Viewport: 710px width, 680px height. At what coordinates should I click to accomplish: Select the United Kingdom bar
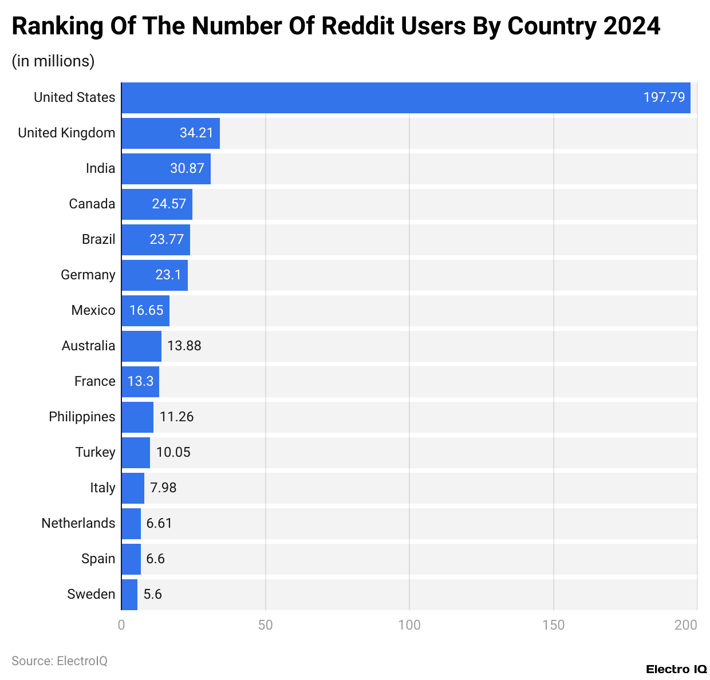pyautogui.click(x=170, y=133)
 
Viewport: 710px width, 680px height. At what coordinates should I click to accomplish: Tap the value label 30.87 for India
pyautogui.click(x=187, y=169)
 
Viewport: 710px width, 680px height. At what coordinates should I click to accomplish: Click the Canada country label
pyautogui.click(x=92, y=204)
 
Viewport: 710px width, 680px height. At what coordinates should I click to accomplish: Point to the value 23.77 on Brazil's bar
pyautogui.click(x=167, y=240)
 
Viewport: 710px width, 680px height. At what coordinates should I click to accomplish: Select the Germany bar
pyautogui.click(x=154, y=275)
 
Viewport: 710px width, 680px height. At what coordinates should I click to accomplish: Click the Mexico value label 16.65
pyautogui.click(x=146, y=311)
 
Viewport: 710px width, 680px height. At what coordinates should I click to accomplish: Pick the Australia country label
pyautogui.click(x=88, y=346)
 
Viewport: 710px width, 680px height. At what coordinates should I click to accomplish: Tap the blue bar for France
pyautogui.click(x=140, y=382)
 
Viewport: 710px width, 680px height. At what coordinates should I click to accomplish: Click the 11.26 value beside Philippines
pyautogui.click(x=176, y=417)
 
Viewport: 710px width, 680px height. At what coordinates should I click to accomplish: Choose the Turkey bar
pyautogui.click(x=136, y=453)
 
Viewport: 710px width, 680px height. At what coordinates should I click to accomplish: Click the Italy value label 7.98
pyautogui.click(x=163, y=488)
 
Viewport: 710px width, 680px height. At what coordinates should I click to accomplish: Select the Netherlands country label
pyautogui.click(x=78, y=523)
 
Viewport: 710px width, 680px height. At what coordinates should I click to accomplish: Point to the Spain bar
pyautogui.click(x=131, y=559)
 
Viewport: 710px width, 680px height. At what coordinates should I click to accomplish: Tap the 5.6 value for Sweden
pyautogui.click(x=152, y=595)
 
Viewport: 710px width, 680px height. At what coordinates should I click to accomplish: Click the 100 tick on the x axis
pyautogui.click(x=409, y=625)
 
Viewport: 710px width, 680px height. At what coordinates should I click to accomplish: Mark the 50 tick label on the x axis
pyautogui.click(x=265, y=625)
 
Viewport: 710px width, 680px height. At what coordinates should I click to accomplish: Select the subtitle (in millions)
pyautogui.click(x=53, y=61)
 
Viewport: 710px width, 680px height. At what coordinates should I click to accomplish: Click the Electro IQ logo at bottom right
pyautogui.click(x=676, y=669)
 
